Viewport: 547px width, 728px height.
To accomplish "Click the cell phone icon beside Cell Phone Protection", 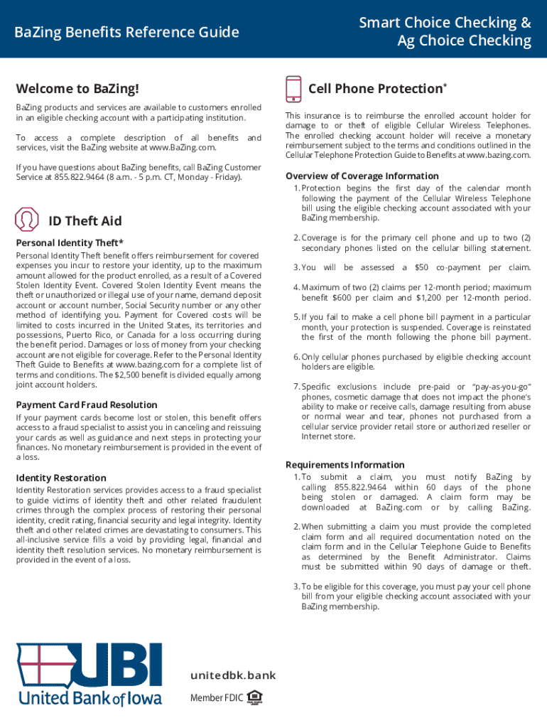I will click(x=293, y=89).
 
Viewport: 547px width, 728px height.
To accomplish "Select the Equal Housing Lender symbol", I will click(x=254, y=698).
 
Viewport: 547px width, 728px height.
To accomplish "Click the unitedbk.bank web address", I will click(x=232, y=675).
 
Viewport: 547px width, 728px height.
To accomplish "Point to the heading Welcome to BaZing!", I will click(x=77, y=89).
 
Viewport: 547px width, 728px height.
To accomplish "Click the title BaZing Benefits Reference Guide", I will click(x=127, y=32).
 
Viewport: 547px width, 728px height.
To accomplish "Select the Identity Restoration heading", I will click(x=61, y=478).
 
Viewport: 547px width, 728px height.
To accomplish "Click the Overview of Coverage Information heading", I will click(x=362, y=176).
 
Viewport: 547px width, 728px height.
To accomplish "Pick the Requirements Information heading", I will click(x=345, y=464).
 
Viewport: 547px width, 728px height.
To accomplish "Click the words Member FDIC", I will click(x=216, y=698).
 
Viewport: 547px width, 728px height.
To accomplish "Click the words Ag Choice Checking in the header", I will click(x=464, y=41).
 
